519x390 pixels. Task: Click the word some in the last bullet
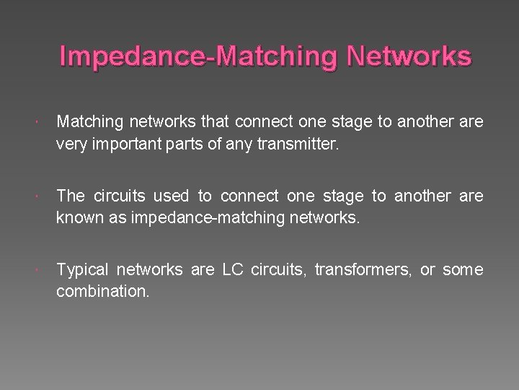462,270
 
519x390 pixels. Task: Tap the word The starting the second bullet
70,195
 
